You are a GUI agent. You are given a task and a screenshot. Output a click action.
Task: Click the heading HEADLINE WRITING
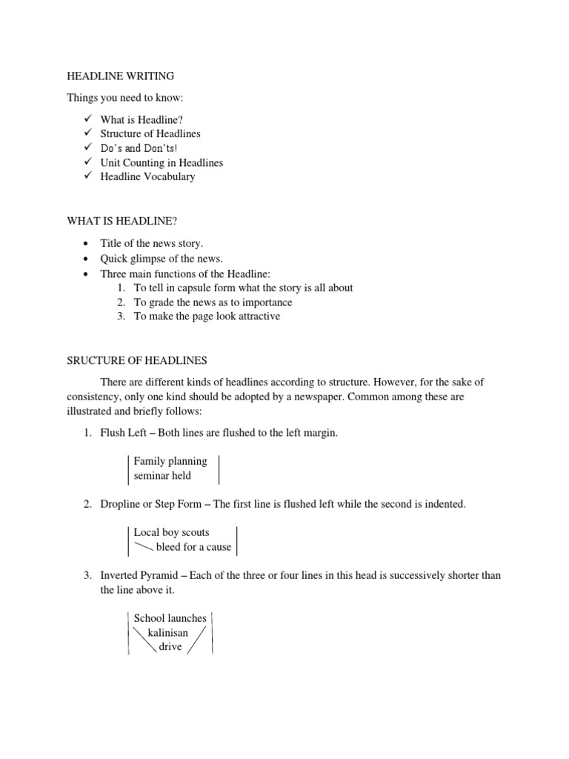(121, 76)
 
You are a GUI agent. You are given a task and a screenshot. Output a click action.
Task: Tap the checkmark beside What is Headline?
(87, 119)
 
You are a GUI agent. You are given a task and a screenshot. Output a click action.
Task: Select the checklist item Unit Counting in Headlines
(162, 162)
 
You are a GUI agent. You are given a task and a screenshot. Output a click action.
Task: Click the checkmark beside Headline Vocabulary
(87, 176)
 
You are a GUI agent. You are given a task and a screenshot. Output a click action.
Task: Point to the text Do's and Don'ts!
(139, 148)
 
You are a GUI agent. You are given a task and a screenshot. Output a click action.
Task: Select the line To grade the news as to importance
(213, 302)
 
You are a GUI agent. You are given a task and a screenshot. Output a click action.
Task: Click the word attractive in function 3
(256, 316)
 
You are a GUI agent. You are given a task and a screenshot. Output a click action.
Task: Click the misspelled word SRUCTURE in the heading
(96, 361)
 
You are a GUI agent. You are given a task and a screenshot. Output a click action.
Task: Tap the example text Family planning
(170, 461)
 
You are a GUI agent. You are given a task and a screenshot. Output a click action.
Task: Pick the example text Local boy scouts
(171, 532)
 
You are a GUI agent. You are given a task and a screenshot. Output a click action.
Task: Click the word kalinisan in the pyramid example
(168, 632)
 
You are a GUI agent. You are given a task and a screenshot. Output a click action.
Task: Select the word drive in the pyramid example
(170, 646)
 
